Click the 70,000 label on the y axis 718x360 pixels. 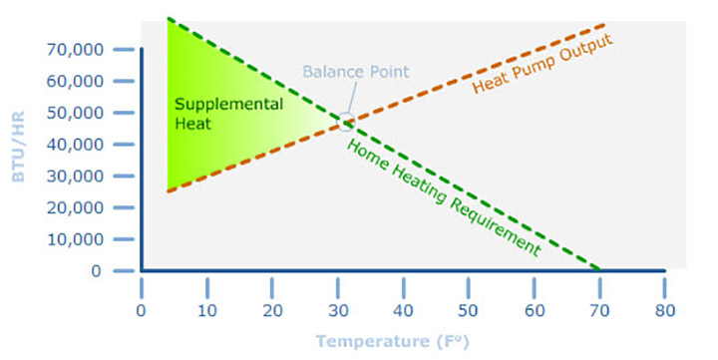(75, 49)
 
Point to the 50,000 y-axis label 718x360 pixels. (75, 113)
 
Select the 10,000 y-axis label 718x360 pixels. (75, 240)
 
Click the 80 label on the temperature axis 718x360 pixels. (664, 310)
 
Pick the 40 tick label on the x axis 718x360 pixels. (403, 310)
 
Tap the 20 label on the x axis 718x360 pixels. (272, 310)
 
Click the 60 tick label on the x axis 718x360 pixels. (534, 310)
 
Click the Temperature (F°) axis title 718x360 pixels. (389, 341)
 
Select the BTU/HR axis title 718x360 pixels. (19, 146)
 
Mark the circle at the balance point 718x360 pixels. (346, 123)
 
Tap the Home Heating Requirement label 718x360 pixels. (443, 198)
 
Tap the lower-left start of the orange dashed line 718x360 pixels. (169, 191)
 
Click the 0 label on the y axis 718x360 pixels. (96, 271)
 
